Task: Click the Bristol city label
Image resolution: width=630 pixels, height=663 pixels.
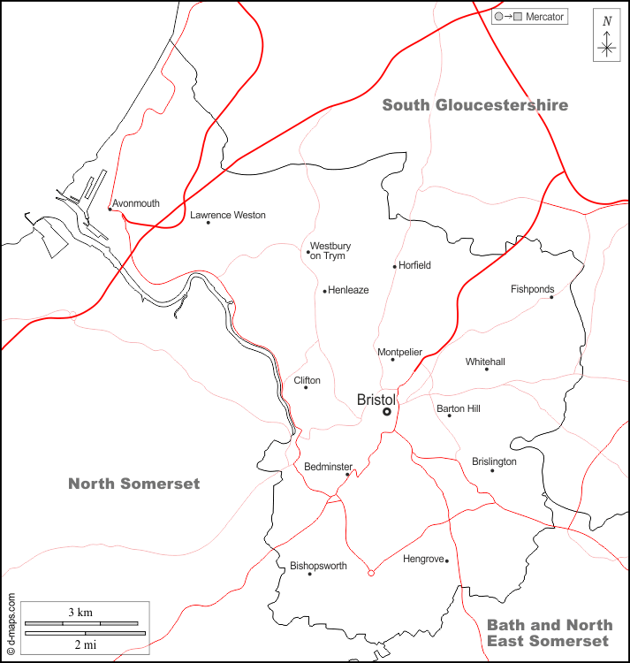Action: [376, 400]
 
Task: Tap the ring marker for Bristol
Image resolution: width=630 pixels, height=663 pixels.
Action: [387, 412]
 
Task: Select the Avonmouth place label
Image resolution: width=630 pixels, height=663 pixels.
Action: [136, 203]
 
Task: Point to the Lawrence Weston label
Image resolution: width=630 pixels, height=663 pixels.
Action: [228, 215]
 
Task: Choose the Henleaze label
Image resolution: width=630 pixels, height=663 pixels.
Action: [348, 290]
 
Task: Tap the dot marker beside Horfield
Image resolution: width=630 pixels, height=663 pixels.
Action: [395, 266]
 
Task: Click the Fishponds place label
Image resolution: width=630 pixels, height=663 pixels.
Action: [533, 289]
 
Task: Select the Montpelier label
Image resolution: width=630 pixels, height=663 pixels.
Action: [399, 352]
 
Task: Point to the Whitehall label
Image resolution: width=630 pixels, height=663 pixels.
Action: [485, 362]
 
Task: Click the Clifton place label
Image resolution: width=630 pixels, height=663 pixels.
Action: [307, 380]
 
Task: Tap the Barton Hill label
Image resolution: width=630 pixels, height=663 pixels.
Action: [459, 408]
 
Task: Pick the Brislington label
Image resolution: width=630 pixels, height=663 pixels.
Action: [494, 461]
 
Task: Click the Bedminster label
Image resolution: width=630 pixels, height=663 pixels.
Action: [328, 466]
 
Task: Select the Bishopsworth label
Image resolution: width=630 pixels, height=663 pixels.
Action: [318, 566]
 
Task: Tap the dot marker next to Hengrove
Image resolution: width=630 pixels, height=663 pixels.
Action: [447, 560]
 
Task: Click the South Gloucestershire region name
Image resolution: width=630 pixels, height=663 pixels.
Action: [474, 105]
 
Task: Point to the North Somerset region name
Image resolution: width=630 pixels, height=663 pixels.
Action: [134, 484]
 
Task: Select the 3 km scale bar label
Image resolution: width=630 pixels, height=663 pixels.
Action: [80, 612]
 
